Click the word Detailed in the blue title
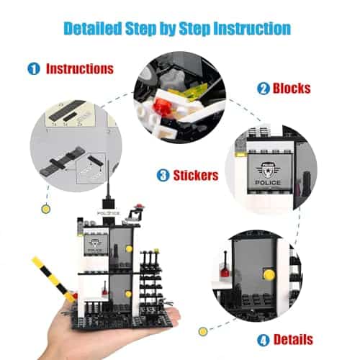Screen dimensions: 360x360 92,29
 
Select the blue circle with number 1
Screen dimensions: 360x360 34,68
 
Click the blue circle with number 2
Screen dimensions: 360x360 264,89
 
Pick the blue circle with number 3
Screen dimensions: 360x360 163,175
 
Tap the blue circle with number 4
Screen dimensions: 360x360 264,340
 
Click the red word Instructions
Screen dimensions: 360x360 80,69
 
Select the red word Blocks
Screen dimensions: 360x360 292,88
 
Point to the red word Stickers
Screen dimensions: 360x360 196,175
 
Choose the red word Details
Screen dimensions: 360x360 293,340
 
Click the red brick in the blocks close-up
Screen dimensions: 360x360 163,107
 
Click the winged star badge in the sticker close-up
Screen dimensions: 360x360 268,170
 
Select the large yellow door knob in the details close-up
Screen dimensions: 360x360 269,275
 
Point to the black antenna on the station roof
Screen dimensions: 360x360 109,182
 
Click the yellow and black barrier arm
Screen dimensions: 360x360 53,279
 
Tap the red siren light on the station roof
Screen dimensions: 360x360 139,206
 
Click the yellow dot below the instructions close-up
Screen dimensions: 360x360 45,209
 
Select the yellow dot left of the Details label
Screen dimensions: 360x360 203,332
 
